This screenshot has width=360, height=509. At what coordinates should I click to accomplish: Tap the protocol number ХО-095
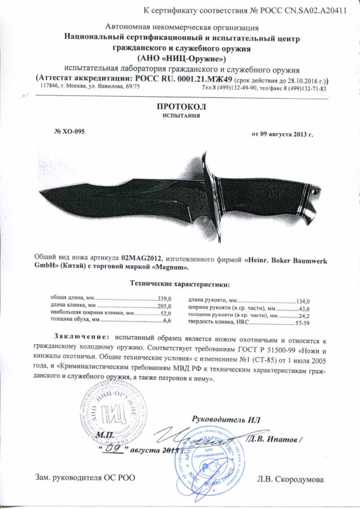pos(68,132)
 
